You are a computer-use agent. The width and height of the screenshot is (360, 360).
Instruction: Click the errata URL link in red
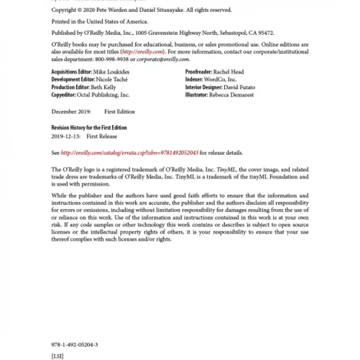(130, 153)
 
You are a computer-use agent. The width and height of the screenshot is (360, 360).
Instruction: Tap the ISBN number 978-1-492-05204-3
(75, 345)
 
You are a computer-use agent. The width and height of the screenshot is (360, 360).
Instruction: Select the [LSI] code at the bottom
(58, 356)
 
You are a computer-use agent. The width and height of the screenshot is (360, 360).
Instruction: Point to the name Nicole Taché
(112, 79)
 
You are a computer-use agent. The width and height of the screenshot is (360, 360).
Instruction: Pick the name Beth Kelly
(104, 87)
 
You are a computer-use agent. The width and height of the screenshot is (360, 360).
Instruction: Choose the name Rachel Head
(229, 72)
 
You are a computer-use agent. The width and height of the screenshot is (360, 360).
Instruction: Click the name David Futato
(239, 87)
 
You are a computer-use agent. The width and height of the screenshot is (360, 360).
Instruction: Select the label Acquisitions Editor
(72, 72)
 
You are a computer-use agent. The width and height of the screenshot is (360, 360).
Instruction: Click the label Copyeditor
(66, 94)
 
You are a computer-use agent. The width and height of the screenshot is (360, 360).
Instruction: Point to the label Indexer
(195, 79)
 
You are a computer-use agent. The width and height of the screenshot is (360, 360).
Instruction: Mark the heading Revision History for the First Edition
(89, 128)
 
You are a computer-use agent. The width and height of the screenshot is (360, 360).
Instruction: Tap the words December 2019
(71, 112)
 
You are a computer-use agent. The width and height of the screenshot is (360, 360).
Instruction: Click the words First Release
(102, 136)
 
